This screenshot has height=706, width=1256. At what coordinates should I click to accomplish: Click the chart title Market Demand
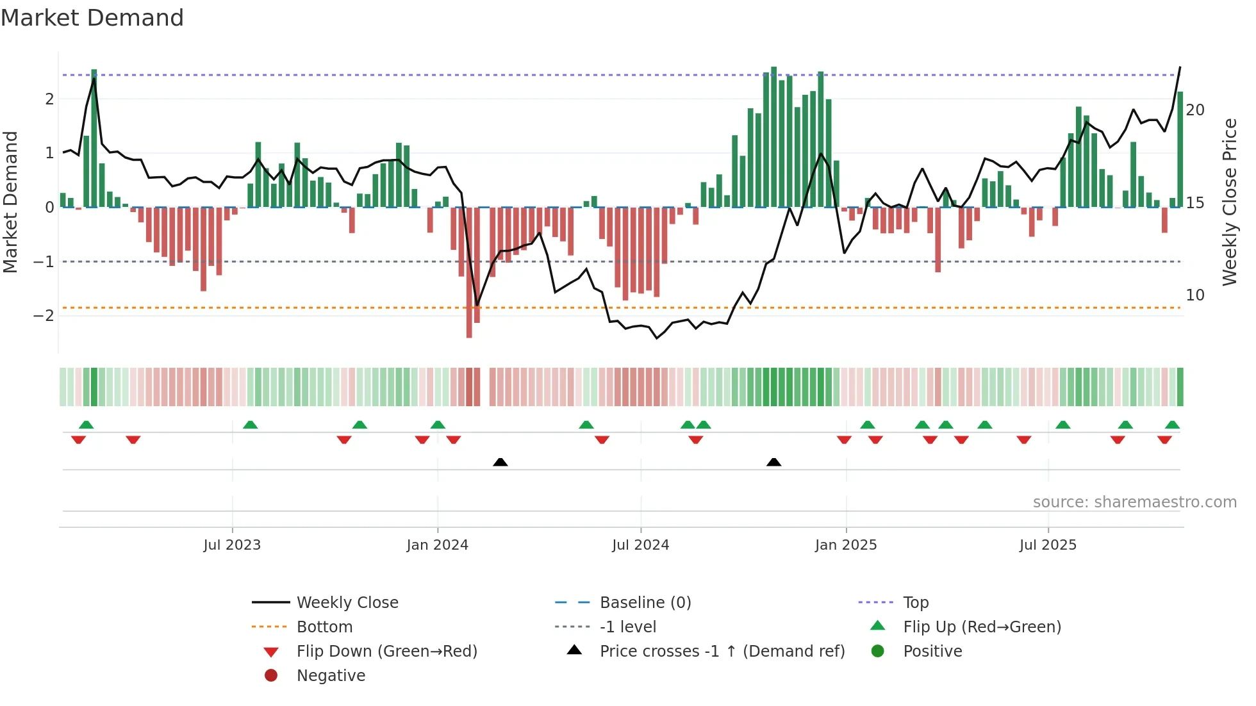(x=92, y=18)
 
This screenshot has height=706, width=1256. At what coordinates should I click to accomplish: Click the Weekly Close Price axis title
(x=1229, y=202)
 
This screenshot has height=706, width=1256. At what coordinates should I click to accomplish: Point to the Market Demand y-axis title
(x=10, y=202)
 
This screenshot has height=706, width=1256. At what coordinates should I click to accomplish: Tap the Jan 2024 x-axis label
(x=437, y=545)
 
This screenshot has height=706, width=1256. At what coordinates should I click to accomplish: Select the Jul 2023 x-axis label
(x=232, y=545)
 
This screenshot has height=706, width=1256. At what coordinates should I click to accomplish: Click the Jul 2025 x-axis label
(x=1048, y=545)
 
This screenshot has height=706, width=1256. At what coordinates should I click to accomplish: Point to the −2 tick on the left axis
(x=44, y=316)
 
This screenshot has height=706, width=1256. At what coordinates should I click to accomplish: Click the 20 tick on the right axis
(x=1194, y=110)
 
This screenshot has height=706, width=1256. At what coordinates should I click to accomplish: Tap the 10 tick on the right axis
(x=1194, y=295)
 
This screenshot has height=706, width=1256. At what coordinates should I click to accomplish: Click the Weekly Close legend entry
(x=347, y=603)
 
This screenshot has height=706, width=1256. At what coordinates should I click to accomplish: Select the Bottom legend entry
(x=324, y=627)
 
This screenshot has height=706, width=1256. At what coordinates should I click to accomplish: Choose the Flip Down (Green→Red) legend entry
(x=386, y=652)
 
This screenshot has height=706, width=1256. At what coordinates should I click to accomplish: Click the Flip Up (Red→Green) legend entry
(x=982, y=627)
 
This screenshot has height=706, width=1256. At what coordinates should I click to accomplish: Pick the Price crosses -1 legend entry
(x=722, y=652)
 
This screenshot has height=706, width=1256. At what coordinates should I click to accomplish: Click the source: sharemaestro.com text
(x=1134, y=502)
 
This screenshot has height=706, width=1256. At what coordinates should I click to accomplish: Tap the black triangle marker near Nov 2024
(x=773, y=462)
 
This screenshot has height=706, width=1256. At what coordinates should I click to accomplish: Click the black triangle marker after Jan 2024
(x=500, y=462)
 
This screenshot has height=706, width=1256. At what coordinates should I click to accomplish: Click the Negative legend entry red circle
(x=271, y=676)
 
